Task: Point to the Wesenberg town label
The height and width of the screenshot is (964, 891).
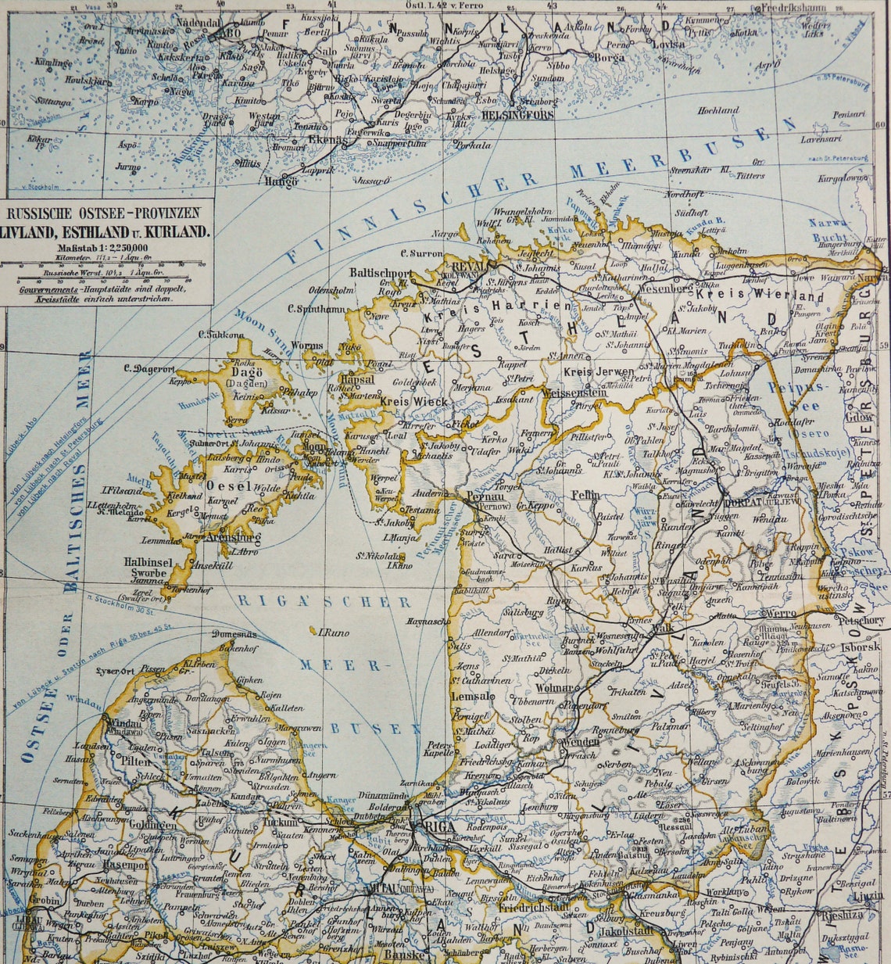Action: pyautogui.click(x=667, y=287)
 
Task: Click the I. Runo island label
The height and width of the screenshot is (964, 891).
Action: pyautogui.click(x=333, y=632)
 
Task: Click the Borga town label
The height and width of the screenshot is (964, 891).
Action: pyautogui.click(x=609, y=57)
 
